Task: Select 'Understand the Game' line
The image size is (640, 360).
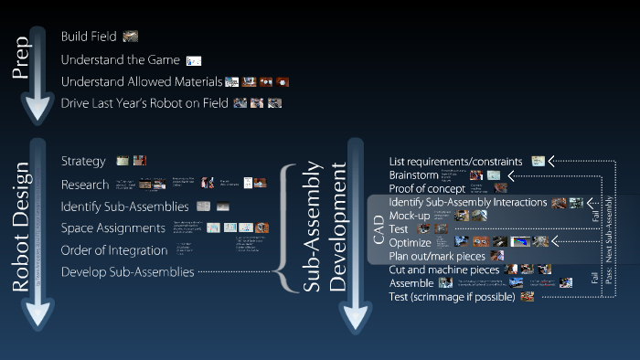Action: click(x=117, y=59)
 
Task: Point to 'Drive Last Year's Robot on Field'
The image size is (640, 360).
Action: click(x=144, y=102)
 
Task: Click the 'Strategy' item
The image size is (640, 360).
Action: click(x=83, y=161)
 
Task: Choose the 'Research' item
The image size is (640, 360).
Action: click(x=85, y=185)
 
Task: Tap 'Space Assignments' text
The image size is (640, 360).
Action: click(x=113, y=228)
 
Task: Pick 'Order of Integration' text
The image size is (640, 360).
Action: click(x=114, y=249)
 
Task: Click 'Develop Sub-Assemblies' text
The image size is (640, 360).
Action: click(x=127, y=271)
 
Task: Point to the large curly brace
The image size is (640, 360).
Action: click(x=286, y=225)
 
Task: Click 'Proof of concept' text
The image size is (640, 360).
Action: click(x=426, y=188)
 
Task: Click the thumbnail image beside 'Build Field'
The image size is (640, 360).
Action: click(x=131, y=37)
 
